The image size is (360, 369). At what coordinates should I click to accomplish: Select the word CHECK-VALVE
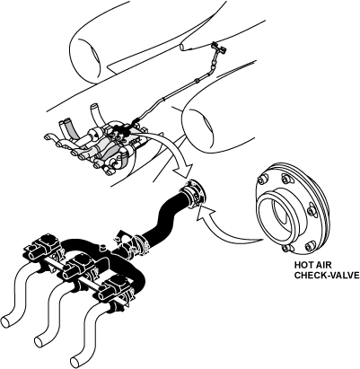[x=327, y=275]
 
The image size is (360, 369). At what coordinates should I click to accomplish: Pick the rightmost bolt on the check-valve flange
[x=312, y=212]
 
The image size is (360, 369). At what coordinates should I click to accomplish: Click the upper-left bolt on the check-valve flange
[x=263, y=180]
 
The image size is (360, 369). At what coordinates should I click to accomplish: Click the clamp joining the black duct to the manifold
[x=140, y=242]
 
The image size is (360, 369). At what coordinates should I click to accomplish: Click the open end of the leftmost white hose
[x=6, y=321]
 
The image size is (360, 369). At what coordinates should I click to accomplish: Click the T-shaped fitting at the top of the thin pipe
[x=217, y=47]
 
